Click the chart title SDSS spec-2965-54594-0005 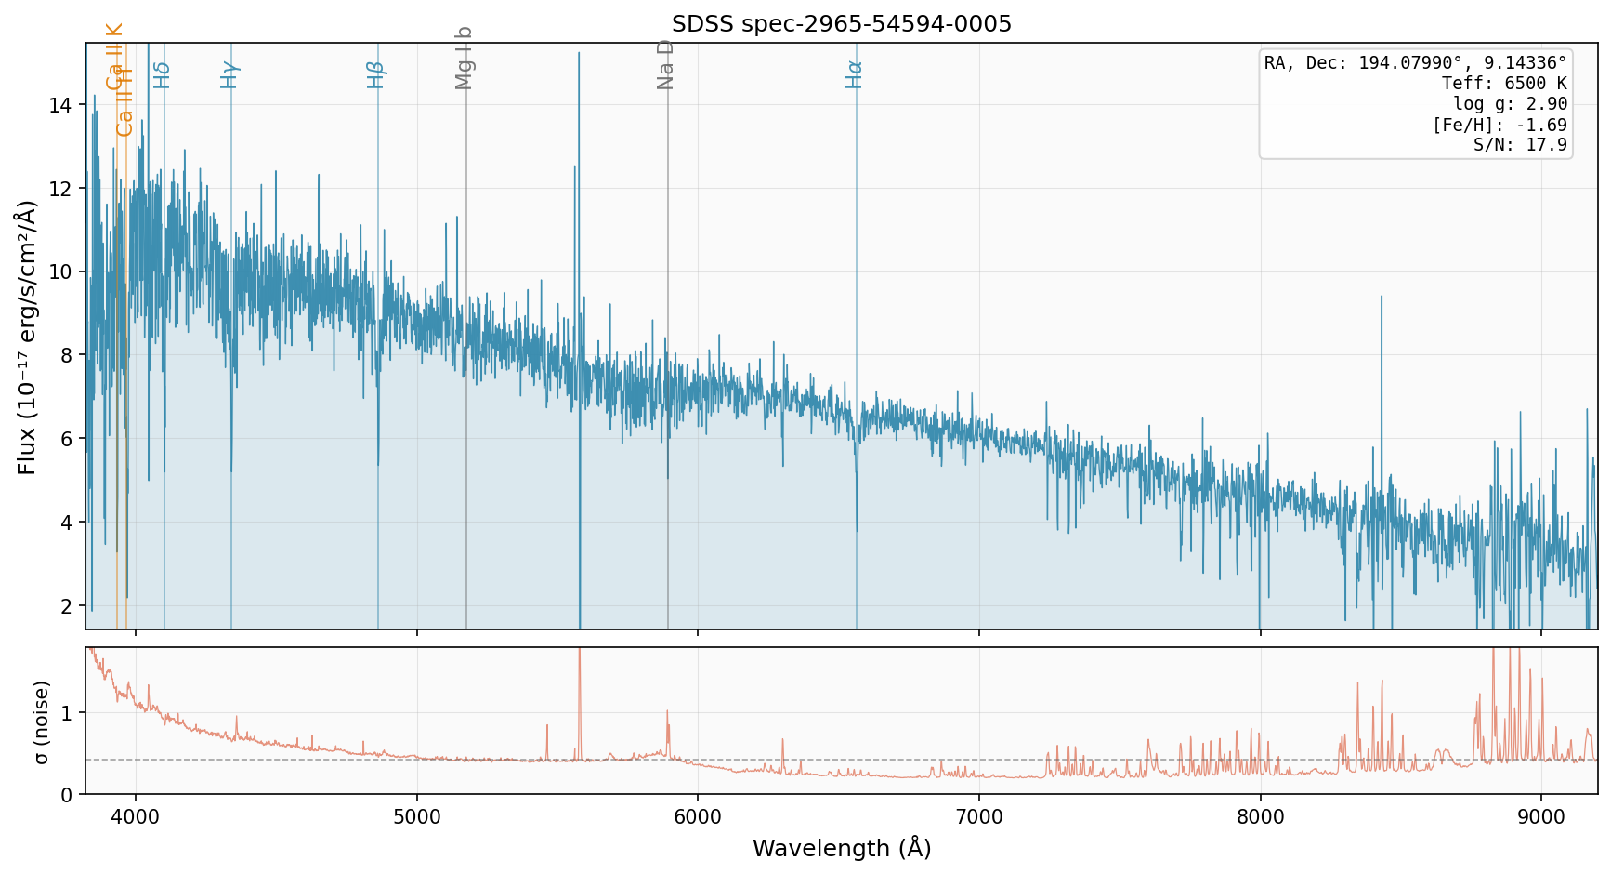tap(841, 24)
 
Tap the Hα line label tap(855, 74)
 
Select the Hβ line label tap(375, 74)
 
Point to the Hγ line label tap(229, 74)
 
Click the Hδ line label tap(163, 74)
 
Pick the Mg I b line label tap(465, 58)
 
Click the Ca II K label tap(114, 57)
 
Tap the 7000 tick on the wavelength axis tap(979, 818)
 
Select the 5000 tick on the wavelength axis tap(417, 818)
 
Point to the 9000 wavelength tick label tap(1541, 818)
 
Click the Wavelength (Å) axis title tap(841, 848)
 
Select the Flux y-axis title tap(28, 337)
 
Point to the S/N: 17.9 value tap(1520, 145)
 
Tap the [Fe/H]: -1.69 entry tap(1500, 125)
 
